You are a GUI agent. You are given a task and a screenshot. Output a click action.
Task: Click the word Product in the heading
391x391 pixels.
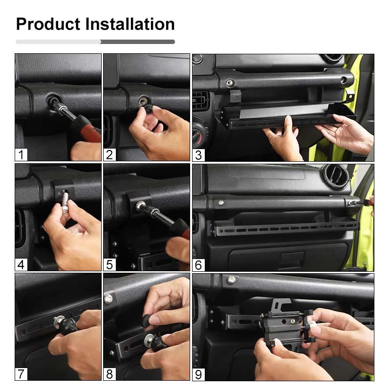[48, 24]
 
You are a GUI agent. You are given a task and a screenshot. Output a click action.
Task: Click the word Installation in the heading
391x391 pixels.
[130, 24]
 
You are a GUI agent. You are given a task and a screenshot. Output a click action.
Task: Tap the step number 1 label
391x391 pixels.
[21, 154]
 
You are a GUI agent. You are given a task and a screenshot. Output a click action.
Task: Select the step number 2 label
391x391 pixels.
[109, 154]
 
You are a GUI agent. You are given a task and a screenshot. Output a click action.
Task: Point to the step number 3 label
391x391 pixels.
[198, 155]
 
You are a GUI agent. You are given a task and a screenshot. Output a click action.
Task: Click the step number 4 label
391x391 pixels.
[21, 264]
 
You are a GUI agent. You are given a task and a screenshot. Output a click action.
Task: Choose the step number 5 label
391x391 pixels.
[109, 264]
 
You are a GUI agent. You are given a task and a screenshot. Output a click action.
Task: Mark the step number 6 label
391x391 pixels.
[198, 265]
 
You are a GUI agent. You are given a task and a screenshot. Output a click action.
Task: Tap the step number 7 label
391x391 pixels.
[21, 374]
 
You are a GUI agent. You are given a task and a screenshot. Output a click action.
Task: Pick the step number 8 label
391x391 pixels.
[109, 374]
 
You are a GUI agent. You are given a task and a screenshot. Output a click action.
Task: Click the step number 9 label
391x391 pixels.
[198, 374]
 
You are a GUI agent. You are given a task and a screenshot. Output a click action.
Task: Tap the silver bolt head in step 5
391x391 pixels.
[140, 206]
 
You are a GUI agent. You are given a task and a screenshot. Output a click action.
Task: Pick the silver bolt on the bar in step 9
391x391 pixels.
[231, 280]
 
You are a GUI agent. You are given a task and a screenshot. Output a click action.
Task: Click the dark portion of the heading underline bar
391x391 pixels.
[138, 42]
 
